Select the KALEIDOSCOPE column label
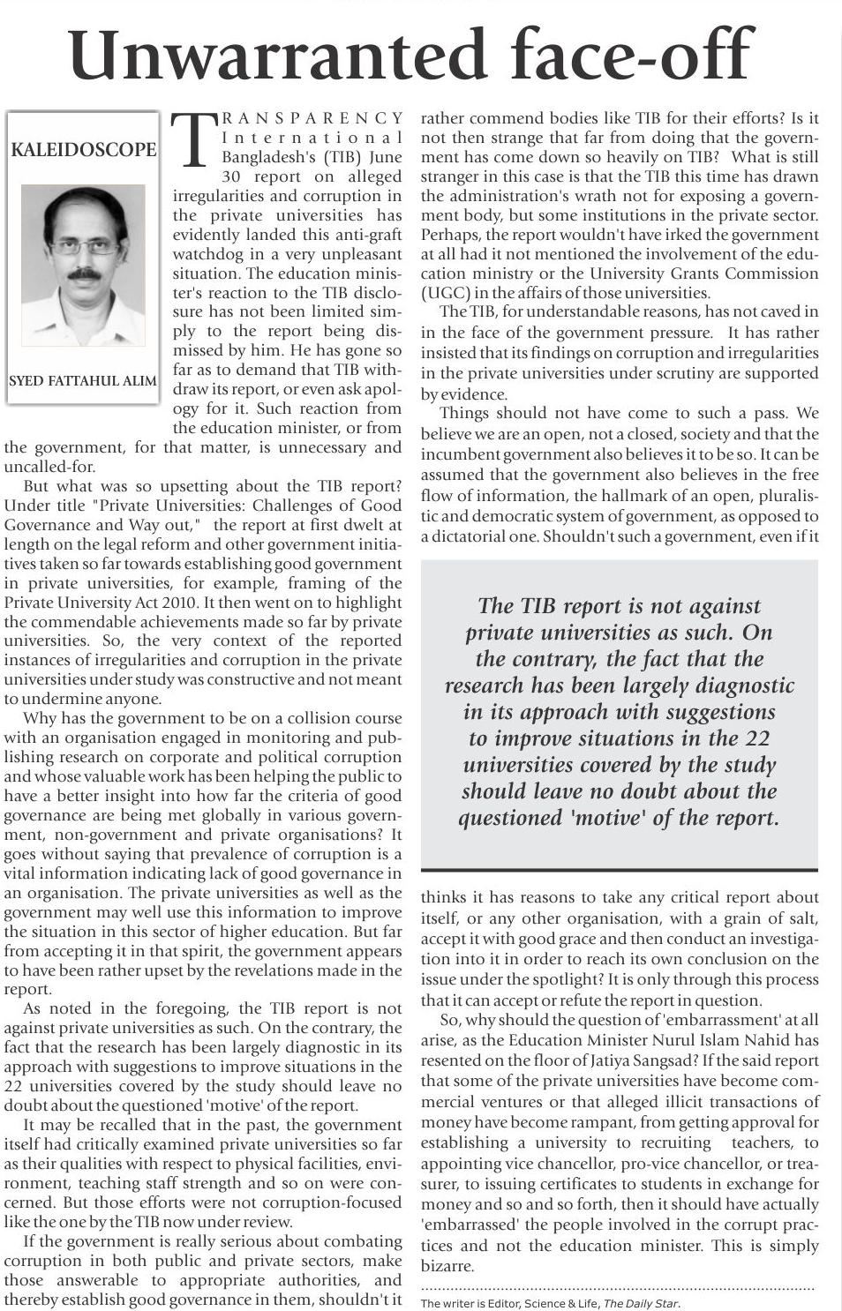[83, 150]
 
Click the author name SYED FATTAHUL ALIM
[83, 382]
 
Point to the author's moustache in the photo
[82, 274]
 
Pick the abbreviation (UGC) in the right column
[446, 293]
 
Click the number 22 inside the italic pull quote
[757, 738]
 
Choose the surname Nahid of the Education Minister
[796, 1040]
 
